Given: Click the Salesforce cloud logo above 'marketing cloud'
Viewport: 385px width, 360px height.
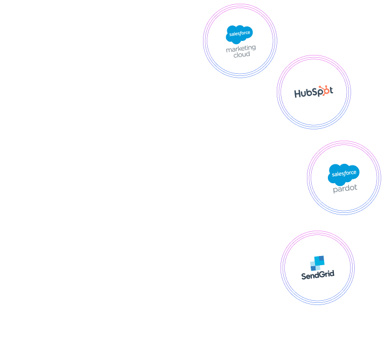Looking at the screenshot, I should coord(240,34).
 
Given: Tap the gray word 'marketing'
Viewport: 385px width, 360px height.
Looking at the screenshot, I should coord(241,49).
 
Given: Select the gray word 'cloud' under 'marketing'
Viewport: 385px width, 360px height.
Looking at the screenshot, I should coord(241,55).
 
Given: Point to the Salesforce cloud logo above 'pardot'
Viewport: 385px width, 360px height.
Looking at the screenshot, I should coord(344,174).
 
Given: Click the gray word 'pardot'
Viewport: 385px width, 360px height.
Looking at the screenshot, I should coord(345,189).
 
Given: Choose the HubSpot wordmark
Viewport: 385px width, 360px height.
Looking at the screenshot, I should coord(313,92).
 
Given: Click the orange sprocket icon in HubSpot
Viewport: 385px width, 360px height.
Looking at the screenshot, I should coord(323,89).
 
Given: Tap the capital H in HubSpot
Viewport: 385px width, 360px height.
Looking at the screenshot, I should coord(298,93).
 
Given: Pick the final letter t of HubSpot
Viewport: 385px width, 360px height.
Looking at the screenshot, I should coord(331,91).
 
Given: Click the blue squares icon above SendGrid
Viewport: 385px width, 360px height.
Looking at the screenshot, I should coord(317,262).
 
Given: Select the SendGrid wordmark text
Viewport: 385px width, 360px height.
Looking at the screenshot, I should coord(318,274).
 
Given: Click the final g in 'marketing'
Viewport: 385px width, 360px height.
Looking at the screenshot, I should coord(253,49).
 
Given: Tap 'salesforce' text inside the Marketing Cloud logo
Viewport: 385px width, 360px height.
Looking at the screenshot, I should coord(239,33).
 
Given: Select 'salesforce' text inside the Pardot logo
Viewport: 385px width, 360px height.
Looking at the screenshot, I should coord(344,174).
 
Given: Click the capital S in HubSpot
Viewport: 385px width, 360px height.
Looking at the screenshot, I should coord(316,92).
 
